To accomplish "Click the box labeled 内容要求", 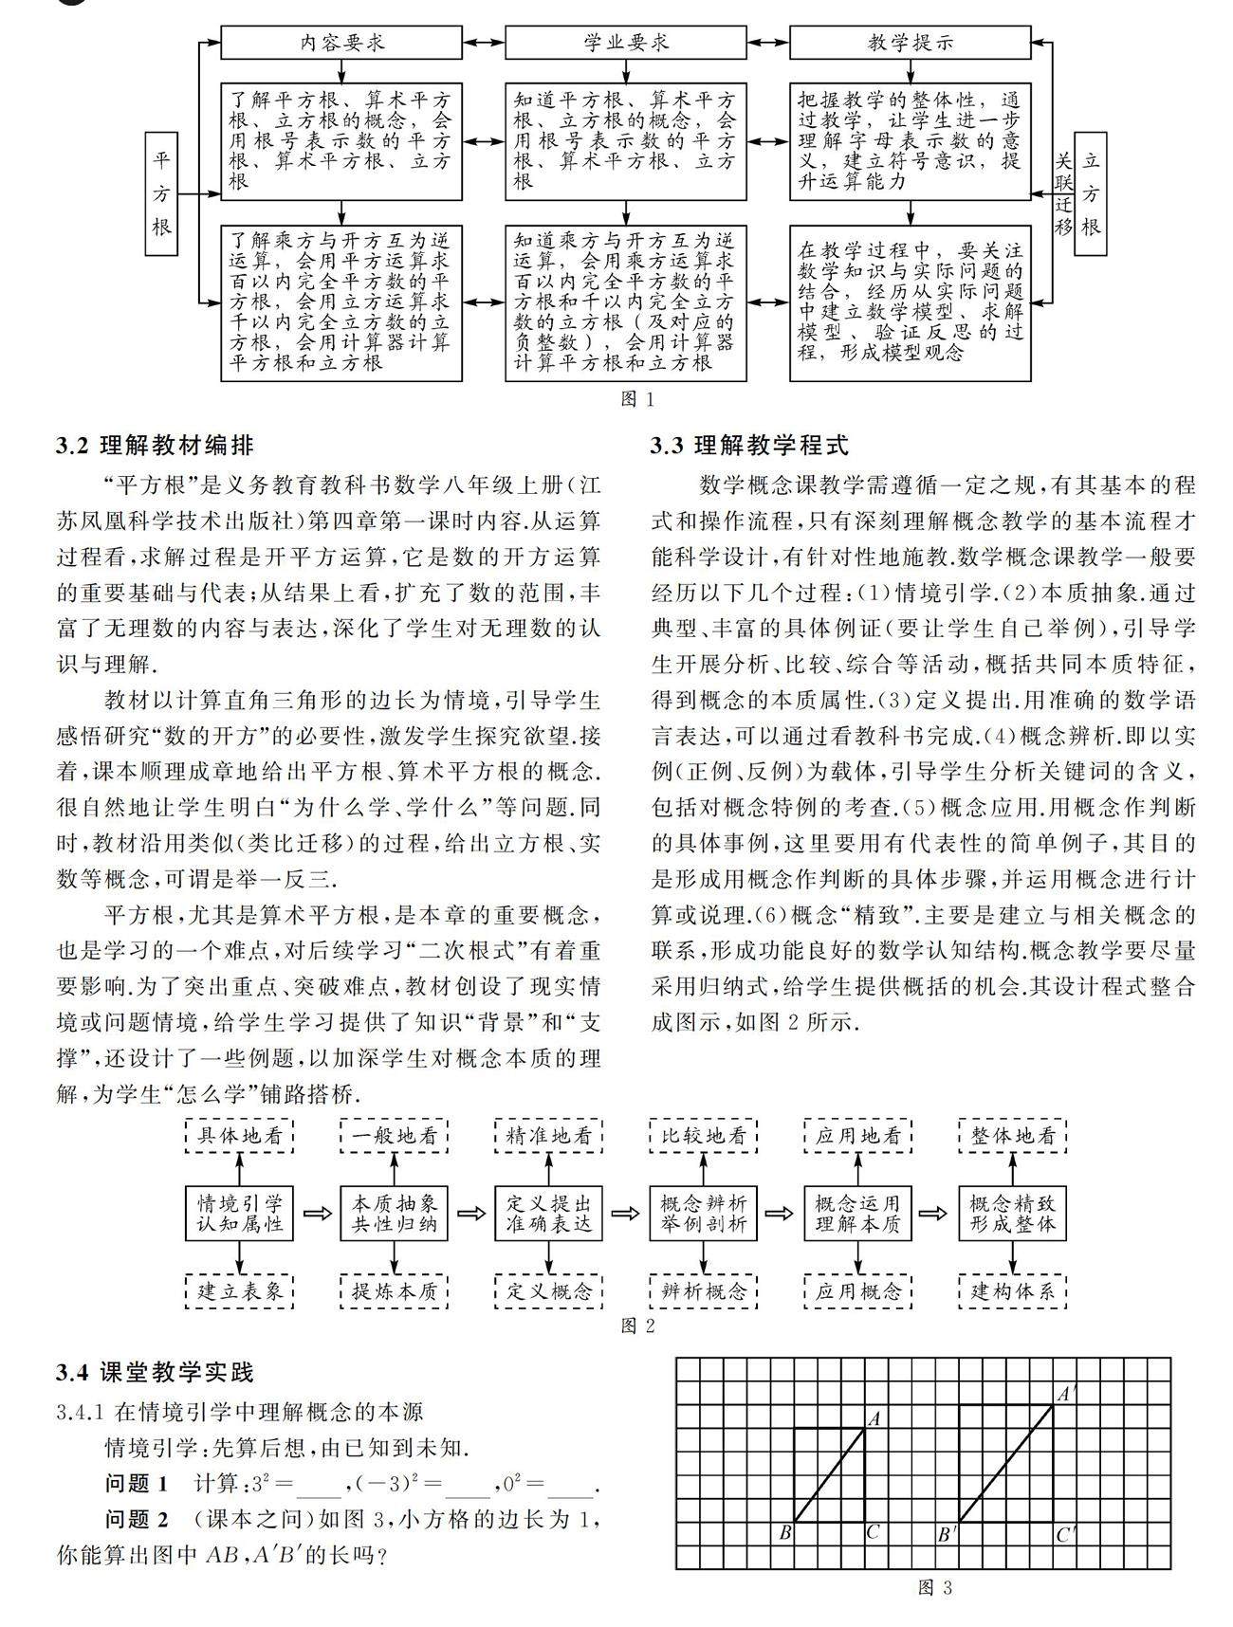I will point(341,42).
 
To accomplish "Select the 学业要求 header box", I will point(625,42).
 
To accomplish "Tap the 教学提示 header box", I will point(910,42).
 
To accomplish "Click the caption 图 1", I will point(637,399).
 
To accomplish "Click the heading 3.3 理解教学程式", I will point(749,445).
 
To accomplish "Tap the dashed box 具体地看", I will point(240,1135).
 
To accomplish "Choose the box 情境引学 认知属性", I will point(240,1213).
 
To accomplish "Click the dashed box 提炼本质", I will point(395,1290).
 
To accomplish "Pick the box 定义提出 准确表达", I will point(549,1213).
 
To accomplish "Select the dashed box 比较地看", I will point(704,1135).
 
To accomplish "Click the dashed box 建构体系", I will point(1013,1290).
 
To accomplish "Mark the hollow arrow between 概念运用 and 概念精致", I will point(934,1213).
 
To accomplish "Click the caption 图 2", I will point(637,1325).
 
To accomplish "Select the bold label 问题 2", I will point(137,1520).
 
